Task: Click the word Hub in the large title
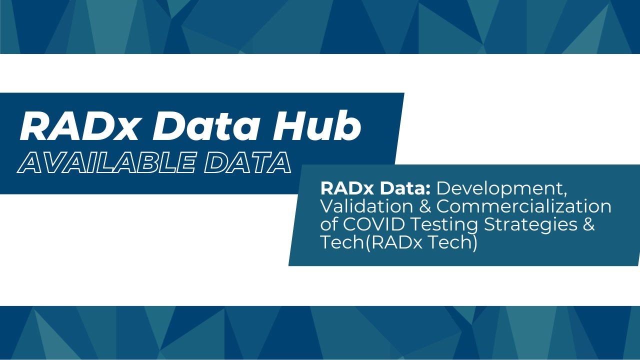tap(316, 126)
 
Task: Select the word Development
tap(502, 189)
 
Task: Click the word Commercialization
tap(524, 207)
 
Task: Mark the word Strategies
tap(529, 225)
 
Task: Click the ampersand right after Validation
tap(425, 206)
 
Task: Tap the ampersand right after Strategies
tap(588, 224)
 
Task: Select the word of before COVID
tap(328, 224)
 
